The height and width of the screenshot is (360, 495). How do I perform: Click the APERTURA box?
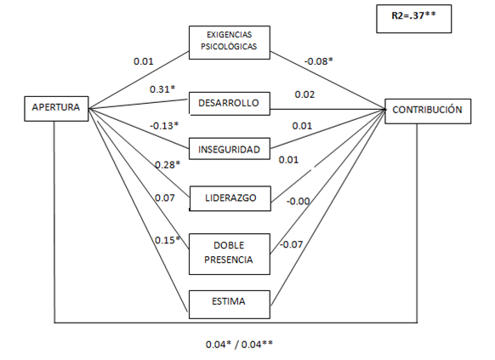[x=56, y=109]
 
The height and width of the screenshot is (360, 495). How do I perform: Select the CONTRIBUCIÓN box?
[x=428, y=111]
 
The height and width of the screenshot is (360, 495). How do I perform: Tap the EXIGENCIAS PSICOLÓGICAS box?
[x=230, y=43]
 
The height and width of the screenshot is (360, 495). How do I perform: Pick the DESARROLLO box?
[x=230, y=104]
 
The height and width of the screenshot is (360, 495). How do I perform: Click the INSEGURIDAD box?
[x=230, y=149]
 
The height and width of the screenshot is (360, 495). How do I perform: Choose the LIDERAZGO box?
[x=230, y=198]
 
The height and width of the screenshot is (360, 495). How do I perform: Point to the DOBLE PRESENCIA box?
[x=230, y=254]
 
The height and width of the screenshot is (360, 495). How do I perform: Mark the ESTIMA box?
[x=230, y=305]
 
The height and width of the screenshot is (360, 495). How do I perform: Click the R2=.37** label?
[x=413, y=15]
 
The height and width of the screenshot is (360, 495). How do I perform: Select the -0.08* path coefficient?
[x=319, y=61]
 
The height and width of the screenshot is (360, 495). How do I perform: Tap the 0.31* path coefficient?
[x=162, y=89]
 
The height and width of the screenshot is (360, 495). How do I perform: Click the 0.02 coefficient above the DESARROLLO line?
[x=304, y=94]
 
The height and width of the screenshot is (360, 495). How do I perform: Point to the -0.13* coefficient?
[x=164, y=126]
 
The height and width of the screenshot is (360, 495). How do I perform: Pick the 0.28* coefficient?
[x=168, y=165]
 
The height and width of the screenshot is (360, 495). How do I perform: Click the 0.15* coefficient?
[x=168, y=240]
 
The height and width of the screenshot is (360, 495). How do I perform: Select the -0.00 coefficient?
[x=298, y=202]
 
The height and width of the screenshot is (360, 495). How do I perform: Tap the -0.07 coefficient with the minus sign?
[x=291, y=244]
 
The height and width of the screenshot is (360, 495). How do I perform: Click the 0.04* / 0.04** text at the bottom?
[x=239, y=345]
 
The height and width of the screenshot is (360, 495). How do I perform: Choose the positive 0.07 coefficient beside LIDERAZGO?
[x=164, y=198]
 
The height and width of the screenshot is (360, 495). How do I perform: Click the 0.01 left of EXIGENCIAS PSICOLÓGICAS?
[x=144, y=61]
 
